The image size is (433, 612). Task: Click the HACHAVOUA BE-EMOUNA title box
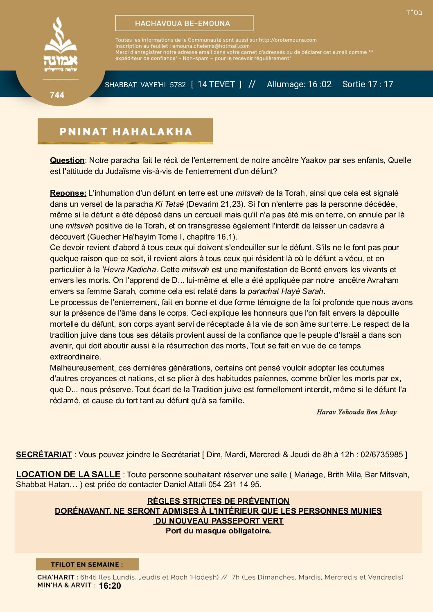click(x=184, y=23)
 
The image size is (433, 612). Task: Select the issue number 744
click(x=57, y=95)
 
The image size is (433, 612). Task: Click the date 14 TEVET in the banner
click(x=216, y=84)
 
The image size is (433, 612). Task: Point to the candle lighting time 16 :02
click(x=320, y=84)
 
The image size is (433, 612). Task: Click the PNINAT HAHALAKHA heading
click(x=125, y=131)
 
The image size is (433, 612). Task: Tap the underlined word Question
click(x=67, y=160)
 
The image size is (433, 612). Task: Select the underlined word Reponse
click(x=68, y=193)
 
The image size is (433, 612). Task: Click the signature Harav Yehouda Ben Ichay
click(x=356, y=412)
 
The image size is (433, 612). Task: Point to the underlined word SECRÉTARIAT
click(x=44, y=455)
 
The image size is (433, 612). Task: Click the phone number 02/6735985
click(x=382, y=455)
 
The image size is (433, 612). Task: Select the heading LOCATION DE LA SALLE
click(x=68, y=474)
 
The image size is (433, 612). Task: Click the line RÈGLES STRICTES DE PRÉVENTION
click(x=218, y=501)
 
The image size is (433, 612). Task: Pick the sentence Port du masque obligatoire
click(x=218, y=531)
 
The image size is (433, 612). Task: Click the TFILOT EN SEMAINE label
click(x=87, y=565)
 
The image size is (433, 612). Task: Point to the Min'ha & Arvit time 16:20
click(x=110, y=586)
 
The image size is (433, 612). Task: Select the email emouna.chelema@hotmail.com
click(x=211, y=46)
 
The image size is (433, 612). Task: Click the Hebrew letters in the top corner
click(x=414, y=13)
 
